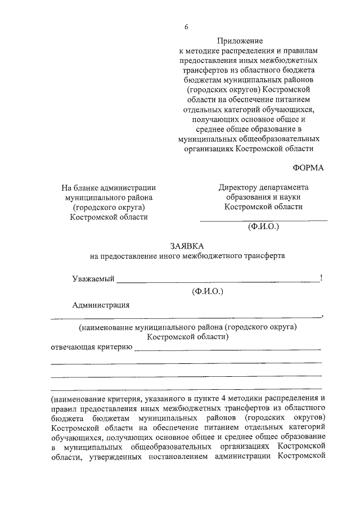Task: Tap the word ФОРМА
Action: pyautogui.click(x=309, y=168)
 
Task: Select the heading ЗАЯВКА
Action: pyautogui.click(x=187, y=246)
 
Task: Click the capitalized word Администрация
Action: pyautogui.click(x=101, y=305)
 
